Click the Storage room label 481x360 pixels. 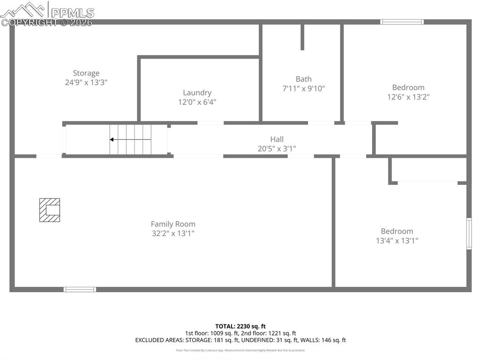(86, 73)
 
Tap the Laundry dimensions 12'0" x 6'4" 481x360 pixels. (197, 102)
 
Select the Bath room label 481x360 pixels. (303, 79)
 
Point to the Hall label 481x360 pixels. (277, 139)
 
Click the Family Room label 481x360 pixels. (173, 224)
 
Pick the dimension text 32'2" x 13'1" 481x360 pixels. (173, 233)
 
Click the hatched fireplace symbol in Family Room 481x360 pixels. (49, 210)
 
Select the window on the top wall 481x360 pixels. (402, 22)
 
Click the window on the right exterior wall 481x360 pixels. (468, 233)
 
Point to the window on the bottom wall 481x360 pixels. (80, 290)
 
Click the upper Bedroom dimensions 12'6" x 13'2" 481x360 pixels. (408, 97)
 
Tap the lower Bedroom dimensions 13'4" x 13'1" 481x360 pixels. (397, 241)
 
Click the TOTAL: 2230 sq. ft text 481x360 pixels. (240, 326)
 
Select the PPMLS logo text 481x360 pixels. (72, 12)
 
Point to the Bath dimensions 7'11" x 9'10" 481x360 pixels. (303, 88)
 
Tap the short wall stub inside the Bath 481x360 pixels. (302, 37)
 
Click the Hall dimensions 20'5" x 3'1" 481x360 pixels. (277, 149)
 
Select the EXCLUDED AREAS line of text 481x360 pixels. (240, 340)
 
